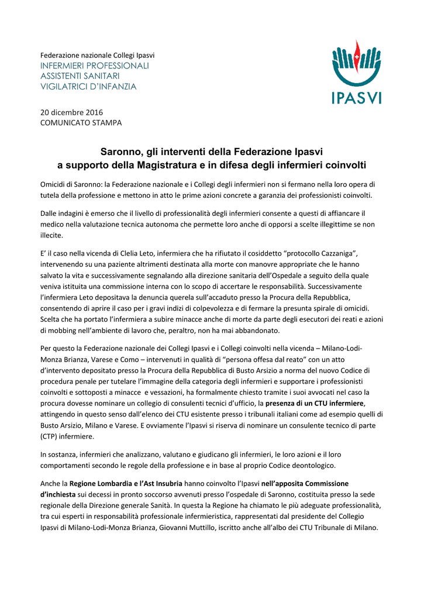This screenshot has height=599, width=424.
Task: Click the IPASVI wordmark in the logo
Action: tap(356, 95)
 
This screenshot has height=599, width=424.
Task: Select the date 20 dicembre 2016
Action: tap(71, 112)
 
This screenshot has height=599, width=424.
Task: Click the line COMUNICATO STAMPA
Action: tap(81, 123)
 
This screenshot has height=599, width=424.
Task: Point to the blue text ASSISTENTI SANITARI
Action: tap(80, 76)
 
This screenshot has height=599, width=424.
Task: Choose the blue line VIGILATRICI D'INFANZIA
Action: tap(88, 87)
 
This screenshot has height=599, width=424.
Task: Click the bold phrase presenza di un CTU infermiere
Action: tap(315, 404)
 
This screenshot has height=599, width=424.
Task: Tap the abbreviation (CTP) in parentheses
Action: tap(50, 437)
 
